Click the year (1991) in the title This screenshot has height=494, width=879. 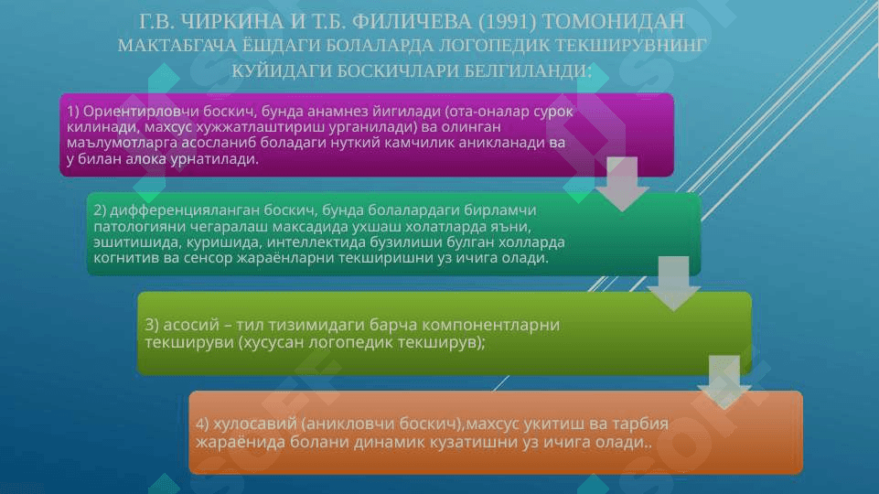[508, 21]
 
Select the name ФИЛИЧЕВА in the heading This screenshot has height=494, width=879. [413, 21]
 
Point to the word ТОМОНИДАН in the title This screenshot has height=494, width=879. [613, 21]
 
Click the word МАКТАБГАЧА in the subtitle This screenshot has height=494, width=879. [177, 46]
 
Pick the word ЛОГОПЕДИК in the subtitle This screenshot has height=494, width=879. [495, 46]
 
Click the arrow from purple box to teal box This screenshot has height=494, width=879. [622, 184]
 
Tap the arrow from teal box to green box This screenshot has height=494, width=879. [673, 284]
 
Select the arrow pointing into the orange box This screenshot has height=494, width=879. [724, 382]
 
